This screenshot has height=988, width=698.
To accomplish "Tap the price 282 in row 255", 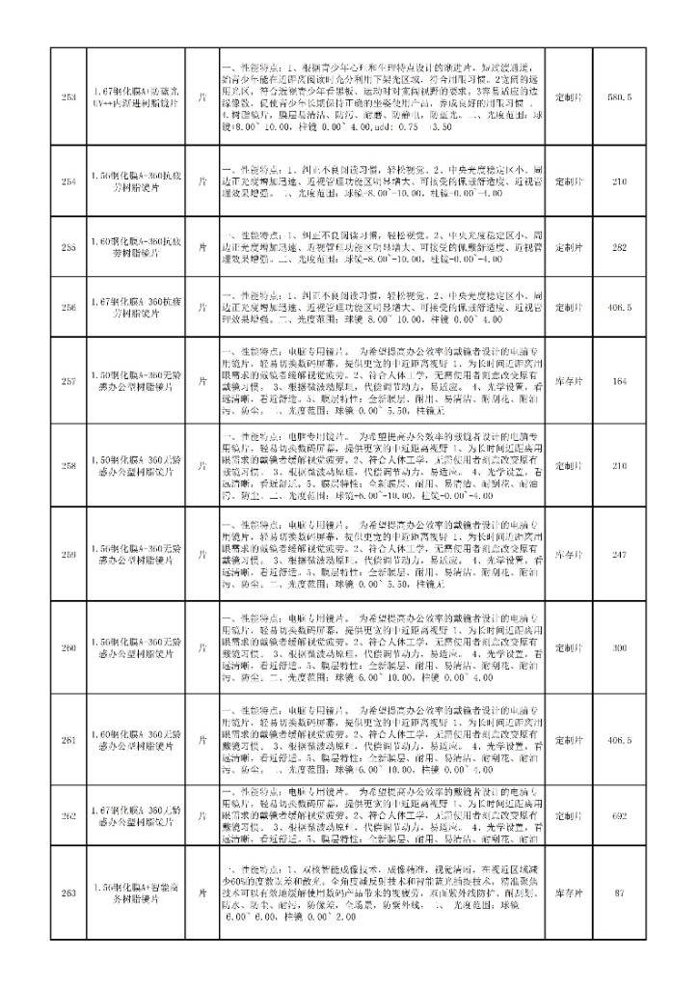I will [x=621, y=247].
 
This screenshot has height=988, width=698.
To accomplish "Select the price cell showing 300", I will [x=621, y=647].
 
